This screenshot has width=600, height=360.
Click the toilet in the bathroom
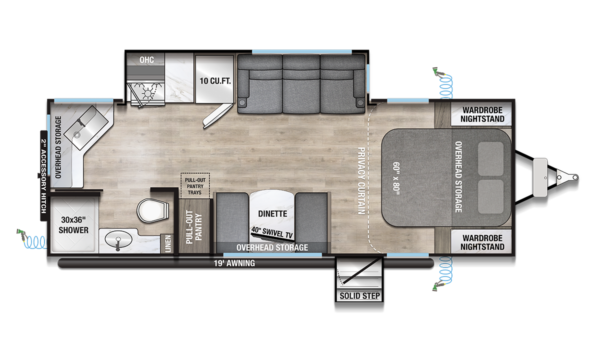point(152,210)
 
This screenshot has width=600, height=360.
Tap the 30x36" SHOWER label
point(73,225)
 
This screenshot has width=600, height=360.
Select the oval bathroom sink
point(118,238)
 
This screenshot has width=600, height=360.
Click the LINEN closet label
point(167,243)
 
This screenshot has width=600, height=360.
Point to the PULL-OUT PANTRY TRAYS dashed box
point(195,185)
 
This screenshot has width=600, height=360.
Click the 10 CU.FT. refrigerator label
point(215,80)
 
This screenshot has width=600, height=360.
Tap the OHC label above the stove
point(146,59)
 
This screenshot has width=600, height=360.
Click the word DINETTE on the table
point(272,214)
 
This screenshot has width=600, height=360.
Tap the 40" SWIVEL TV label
point(272,232)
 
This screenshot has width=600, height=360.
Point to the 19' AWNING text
point(234,263)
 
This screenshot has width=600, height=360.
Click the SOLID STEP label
point(359,295)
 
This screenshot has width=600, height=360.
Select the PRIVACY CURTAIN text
point(361,181)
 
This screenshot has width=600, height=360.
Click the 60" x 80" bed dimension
point(396,178)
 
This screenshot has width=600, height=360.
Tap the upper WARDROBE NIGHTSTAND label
point(482,114)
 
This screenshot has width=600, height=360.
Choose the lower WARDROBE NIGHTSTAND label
point(482,242)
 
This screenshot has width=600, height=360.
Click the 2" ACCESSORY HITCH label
point(43,176)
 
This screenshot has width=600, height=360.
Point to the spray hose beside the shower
point(32,239)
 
